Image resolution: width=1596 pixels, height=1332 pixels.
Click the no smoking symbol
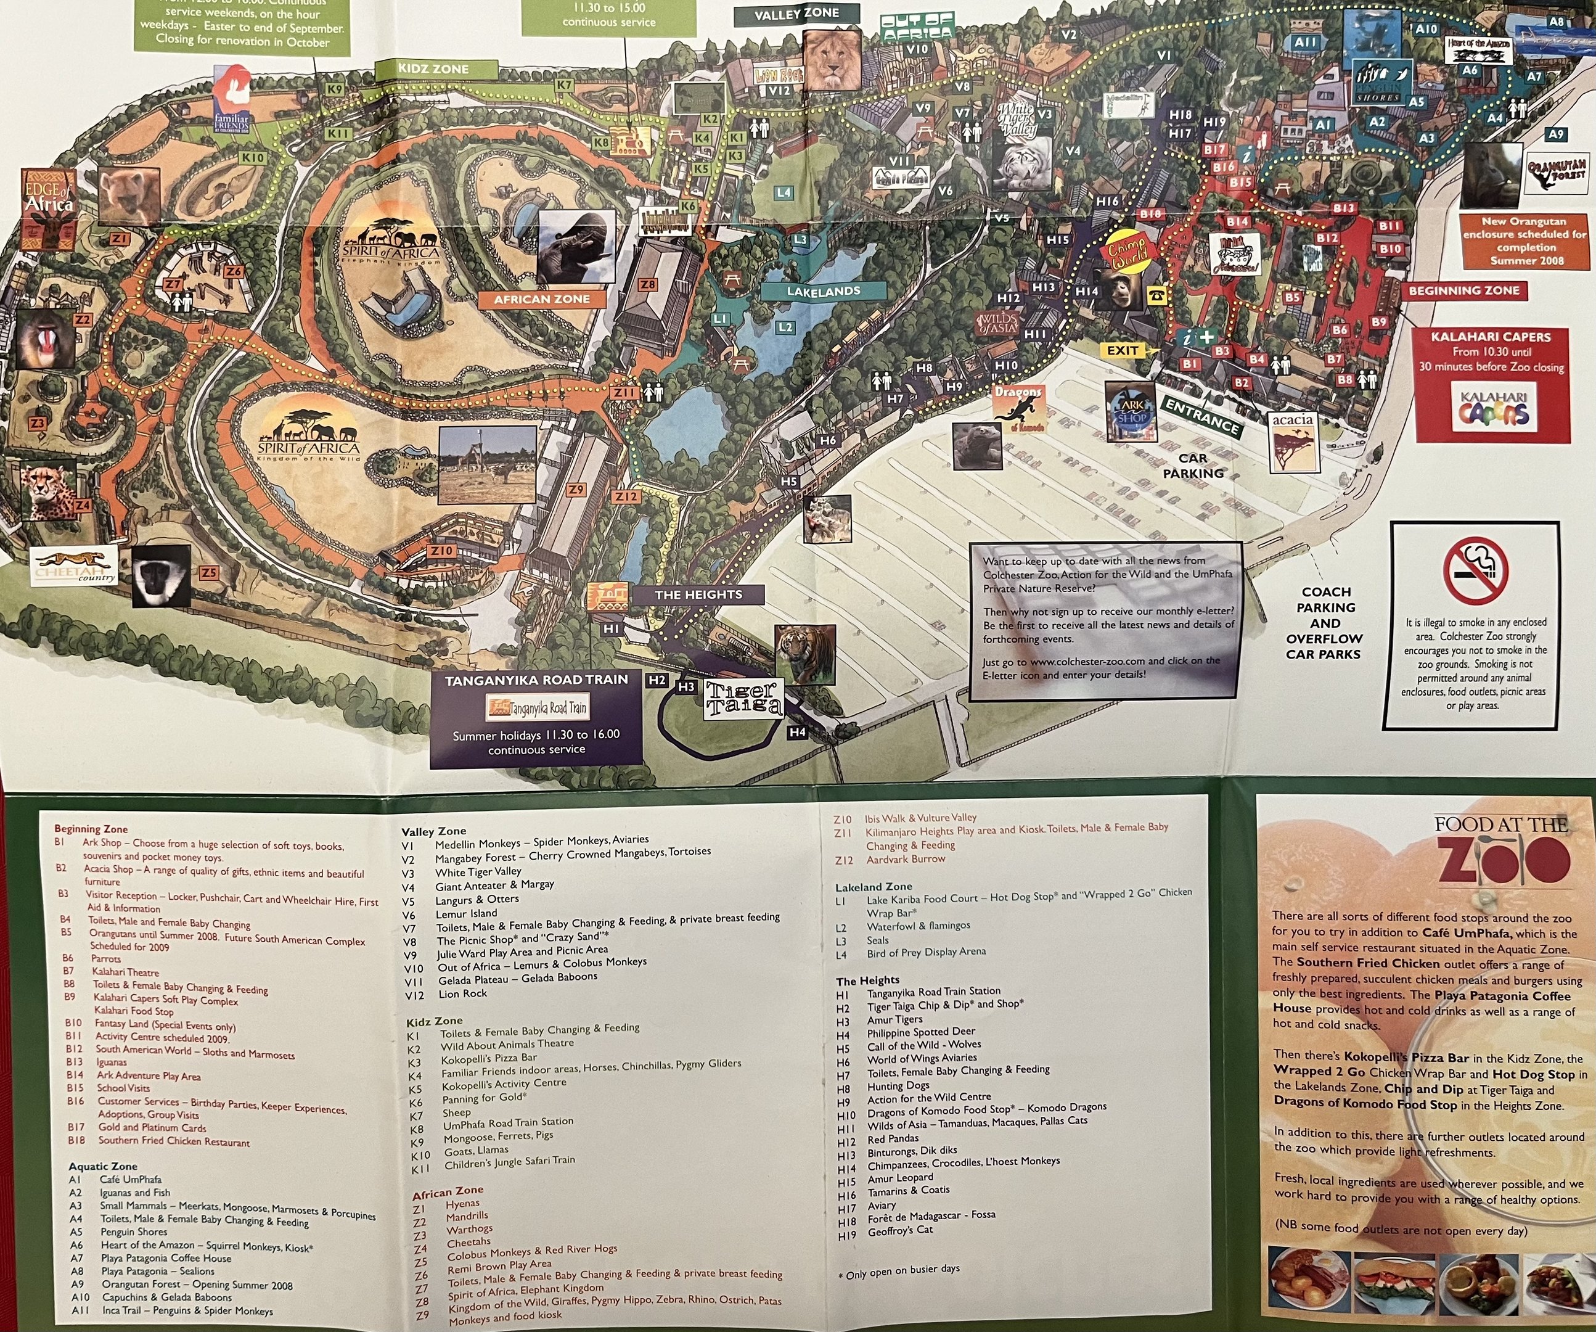pyautogui.click(x=1475, y=571)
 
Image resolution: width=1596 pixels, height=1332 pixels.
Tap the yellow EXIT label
pyautogui.click(x=1123, y=350)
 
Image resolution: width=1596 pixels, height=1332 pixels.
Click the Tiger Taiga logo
pyautogui.click(x=743, y=698)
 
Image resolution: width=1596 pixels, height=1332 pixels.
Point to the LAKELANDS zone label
pyautogui.click(x=823, y=291)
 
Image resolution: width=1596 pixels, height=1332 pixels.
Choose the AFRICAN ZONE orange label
pyautogui.click(x=541, y=300)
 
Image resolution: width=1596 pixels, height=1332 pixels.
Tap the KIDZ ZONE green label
pyautogui.click(x=434, y=69)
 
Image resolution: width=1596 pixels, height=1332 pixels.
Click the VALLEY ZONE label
pyautogui.click(x=796, y=14)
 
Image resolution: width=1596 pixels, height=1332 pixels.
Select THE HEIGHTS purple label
pyautogui.click(x=698, y=594)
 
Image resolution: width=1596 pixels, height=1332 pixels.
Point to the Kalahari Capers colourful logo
pyautogui.click(x=1492, y=411)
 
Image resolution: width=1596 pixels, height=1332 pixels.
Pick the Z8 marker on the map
pyautogui.click(x=647, y=285)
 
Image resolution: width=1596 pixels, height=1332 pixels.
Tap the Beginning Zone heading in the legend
pyautogui.click(x=91, y=829)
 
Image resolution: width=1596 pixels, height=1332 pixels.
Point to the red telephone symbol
pyautogui.click(x=1156, y=296)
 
